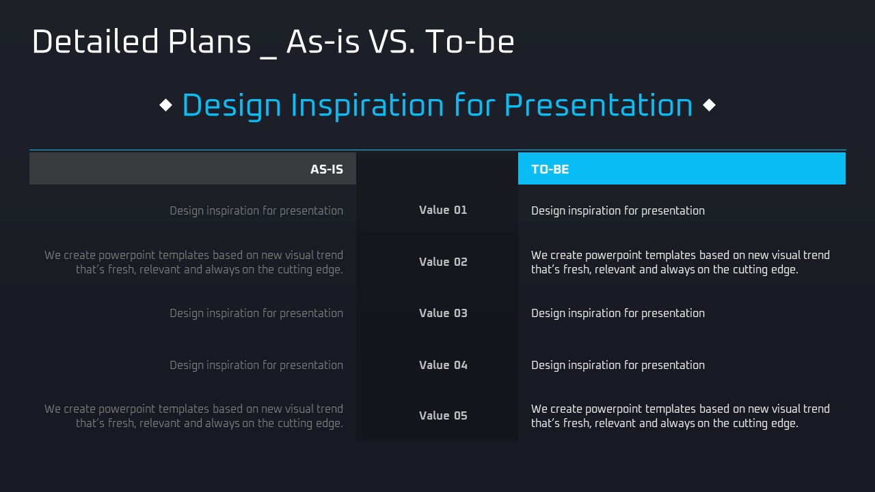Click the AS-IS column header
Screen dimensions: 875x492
(x=327, y=169)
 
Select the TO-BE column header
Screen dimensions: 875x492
(x=550, y=169)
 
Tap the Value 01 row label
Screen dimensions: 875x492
(x=443, y=210)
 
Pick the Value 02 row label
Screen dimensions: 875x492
(x=443, y=262)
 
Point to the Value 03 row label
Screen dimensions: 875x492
(x=443, y=313)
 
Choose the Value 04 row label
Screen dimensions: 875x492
(x=443, y=365)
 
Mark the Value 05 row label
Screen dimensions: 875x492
(x=443, y=415)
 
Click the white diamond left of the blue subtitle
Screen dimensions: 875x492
(x=166, y=105)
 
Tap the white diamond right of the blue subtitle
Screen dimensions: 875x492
(x=709, y=105)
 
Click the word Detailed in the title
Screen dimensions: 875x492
(x=95, y=42)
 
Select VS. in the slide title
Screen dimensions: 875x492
(x=392, y=42)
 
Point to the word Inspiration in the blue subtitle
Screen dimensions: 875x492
(x=367, y=105)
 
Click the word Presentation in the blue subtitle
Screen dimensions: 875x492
(x=598, y=105)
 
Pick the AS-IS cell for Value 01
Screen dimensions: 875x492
(x=256, y=211)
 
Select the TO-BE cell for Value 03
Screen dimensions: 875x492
(x=618, y=313)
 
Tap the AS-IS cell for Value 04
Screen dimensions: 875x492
(x=256, y=365)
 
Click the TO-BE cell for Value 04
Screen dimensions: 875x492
(x=618, y=365)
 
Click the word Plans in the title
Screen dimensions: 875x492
(x=209, y=42)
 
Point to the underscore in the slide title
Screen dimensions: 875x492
(x=269, y=58)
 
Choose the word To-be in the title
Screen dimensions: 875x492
(x=470, y=42)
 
